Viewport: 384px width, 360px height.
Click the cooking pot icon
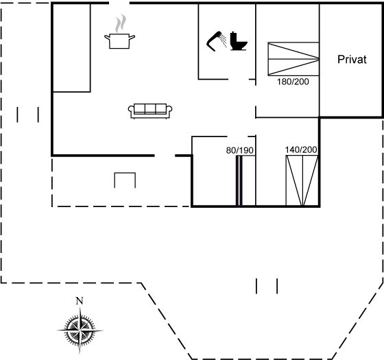click(119, 41)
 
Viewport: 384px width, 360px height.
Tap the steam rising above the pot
click(121, 23)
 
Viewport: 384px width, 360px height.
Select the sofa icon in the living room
click(150, 111)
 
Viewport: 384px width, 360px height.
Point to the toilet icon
click(239, 41)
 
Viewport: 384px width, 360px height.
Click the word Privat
click(352, 60)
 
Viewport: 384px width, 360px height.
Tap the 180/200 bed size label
click(293, 82)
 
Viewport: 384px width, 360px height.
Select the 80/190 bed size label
click(239, 150)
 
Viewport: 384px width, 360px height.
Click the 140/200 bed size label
click(301, 149)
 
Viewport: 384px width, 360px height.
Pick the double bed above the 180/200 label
click(293, 59)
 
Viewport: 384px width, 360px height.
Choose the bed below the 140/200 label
click(302, 180)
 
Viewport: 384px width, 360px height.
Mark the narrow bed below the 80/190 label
click(245, 180)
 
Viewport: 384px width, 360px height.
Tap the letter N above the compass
click(80, 301)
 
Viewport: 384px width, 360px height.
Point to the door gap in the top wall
click(119, 3)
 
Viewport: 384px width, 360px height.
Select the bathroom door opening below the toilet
click(239, 79)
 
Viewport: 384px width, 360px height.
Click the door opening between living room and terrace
click(165, 156)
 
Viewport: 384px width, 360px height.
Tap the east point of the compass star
click(103, 331)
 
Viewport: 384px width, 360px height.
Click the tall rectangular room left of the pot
click(72, 48)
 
